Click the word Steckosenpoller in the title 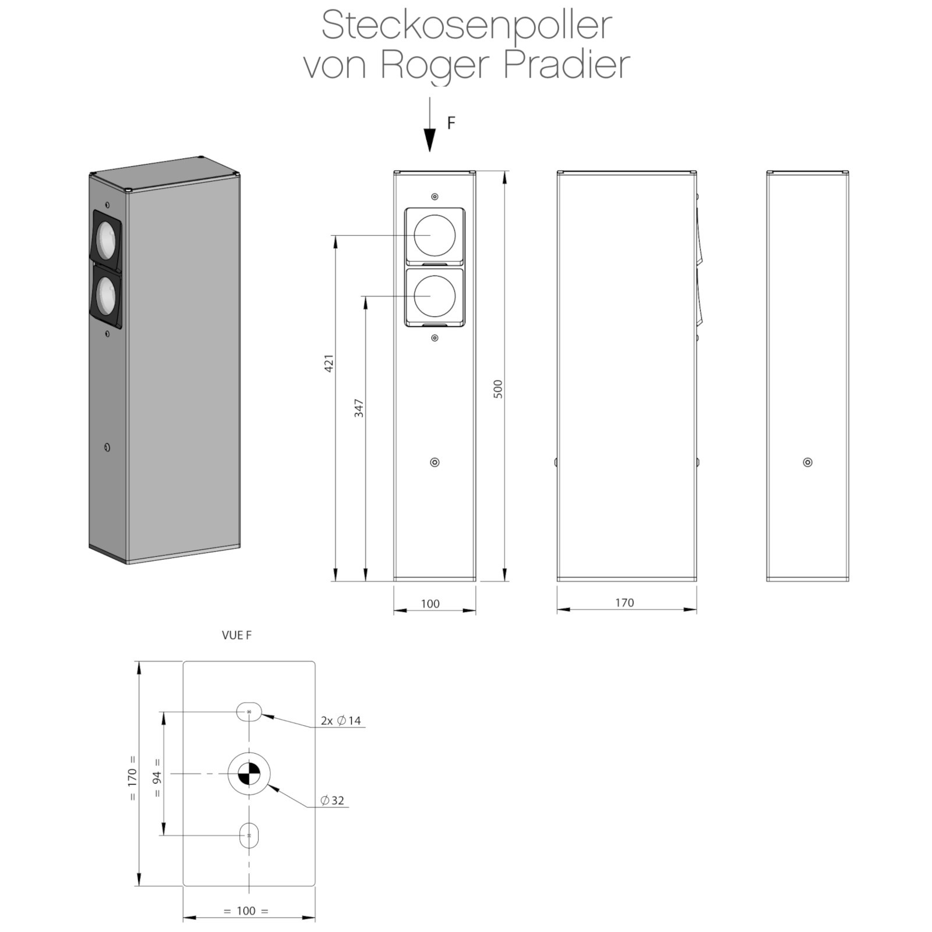467,26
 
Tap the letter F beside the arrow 451,123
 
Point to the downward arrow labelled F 429,124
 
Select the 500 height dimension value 498,389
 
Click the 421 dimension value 329,363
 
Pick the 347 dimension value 359,408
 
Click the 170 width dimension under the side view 624,602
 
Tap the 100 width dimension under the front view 430,603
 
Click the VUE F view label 236,635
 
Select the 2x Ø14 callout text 341,721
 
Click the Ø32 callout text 333,800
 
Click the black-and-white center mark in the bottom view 249,774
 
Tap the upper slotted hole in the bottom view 249,711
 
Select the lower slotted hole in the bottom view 249,835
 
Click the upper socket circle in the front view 435,235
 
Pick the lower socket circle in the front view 435,296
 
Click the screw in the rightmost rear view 807,463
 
